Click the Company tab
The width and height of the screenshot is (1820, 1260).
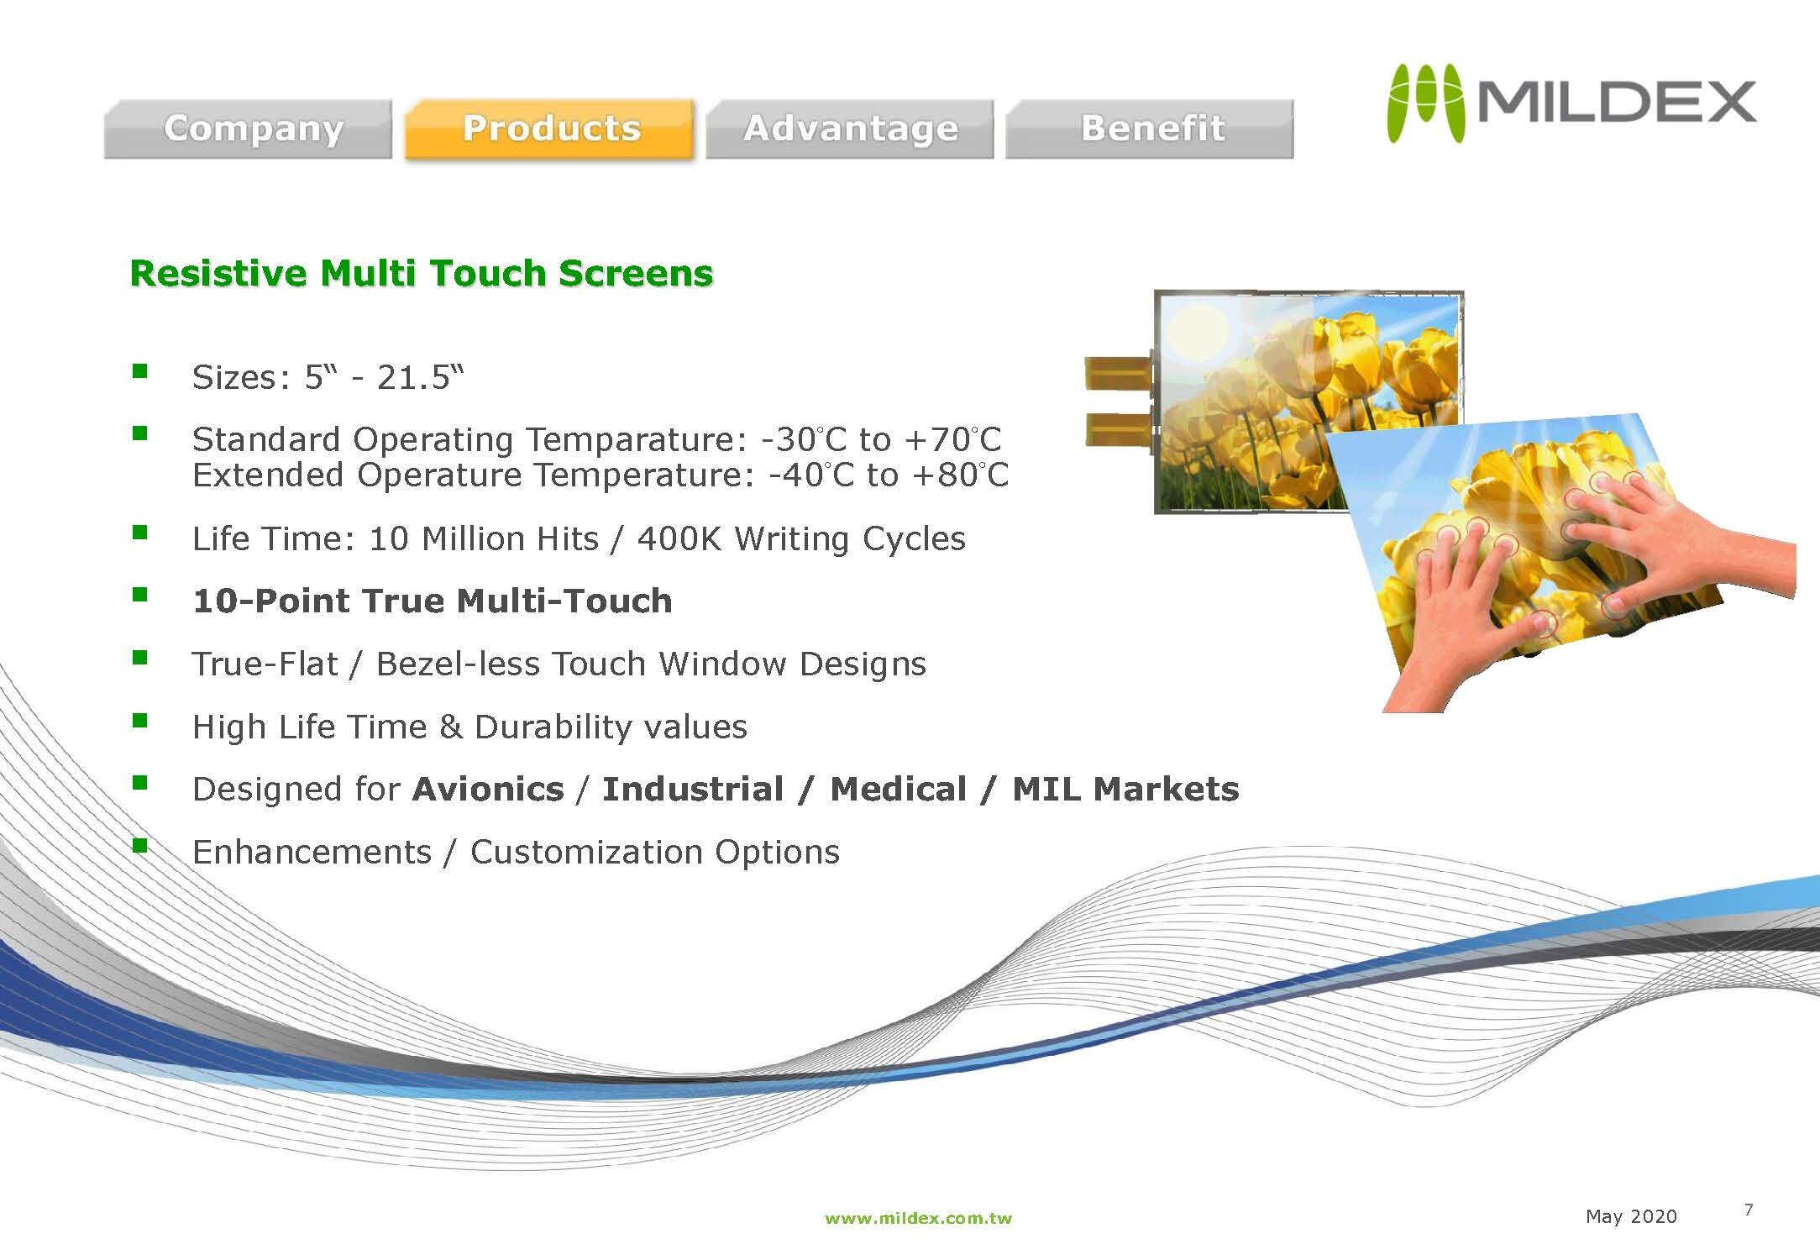pos(248,129)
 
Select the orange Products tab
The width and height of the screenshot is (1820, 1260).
pos(550,129)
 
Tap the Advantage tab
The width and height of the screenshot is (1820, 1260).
pos(850,129)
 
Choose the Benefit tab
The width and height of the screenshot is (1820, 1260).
pos(1150,129)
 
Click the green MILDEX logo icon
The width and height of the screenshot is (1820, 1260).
pos(1424,103)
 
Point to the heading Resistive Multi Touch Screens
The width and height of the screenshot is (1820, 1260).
pos(422,274)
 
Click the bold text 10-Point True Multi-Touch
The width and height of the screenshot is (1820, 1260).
pos(433,601)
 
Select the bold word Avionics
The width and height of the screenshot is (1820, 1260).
pos(488,790)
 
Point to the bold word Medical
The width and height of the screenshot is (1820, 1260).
pos(898,790)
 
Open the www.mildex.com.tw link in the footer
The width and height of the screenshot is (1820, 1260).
pos(918,1218)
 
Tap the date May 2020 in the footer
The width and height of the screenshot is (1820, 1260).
pos(1631,1216)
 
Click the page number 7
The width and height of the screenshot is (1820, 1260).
pos(1749,1210)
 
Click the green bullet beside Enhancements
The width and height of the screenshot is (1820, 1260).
pos(139,845)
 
